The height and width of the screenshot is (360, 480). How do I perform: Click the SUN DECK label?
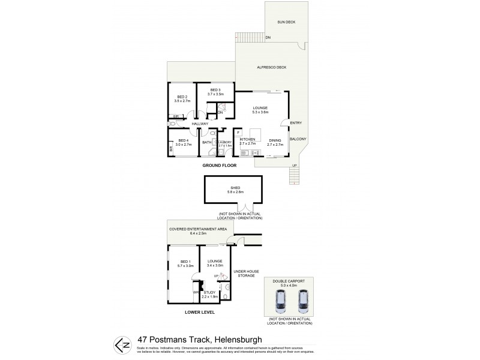(x=286, y=22)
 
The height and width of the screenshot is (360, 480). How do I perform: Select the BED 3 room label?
(x=215, y=91)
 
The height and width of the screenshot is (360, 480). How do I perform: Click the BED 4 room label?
(x=182, y=142)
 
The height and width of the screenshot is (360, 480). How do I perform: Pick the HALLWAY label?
(x=200, y=124)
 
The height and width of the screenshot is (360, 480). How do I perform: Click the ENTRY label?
(x=296, y=123)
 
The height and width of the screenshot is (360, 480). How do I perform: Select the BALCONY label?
(x=298, y=139)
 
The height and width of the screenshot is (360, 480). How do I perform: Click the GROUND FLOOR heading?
(x=220, y=165)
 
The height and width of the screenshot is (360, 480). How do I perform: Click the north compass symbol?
(x=119, y=346)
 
